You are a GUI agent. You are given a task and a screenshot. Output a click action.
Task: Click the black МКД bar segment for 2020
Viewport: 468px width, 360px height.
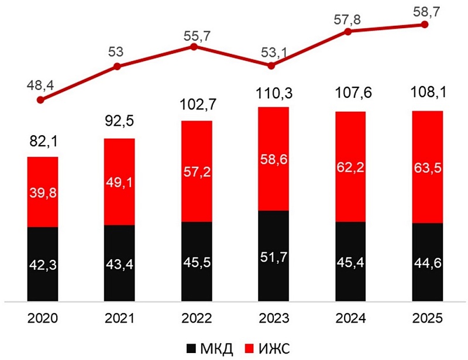(x=43, y=263)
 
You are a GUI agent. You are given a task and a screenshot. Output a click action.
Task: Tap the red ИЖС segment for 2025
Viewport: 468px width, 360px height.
(x=428, y=167)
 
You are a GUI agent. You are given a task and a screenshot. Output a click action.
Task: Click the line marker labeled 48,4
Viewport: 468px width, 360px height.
(x=40, y=100)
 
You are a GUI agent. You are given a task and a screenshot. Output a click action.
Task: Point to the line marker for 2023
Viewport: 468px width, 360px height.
(x=271, y=66)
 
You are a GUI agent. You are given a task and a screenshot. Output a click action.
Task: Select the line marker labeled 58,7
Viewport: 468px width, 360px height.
(x=425, y=25)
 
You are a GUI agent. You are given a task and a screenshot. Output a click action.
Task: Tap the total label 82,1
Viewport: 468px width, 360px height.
(x=43, y=142)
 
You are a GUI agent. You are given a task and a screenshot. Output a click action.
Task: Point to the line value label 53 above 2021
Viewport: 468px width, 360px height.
(x=116, y=52)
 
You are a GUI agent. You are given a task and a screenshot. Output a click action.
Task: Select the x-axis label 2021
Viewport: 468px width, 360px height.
(x=119, y=318)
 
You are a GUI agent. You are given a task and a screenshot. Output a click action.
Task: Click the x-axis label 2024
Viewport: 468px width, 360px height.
(x=350, y=318)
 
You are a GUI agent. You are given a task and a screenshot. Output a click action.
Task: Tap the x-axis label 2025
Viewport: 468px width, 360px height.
(x=428, y=318)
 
